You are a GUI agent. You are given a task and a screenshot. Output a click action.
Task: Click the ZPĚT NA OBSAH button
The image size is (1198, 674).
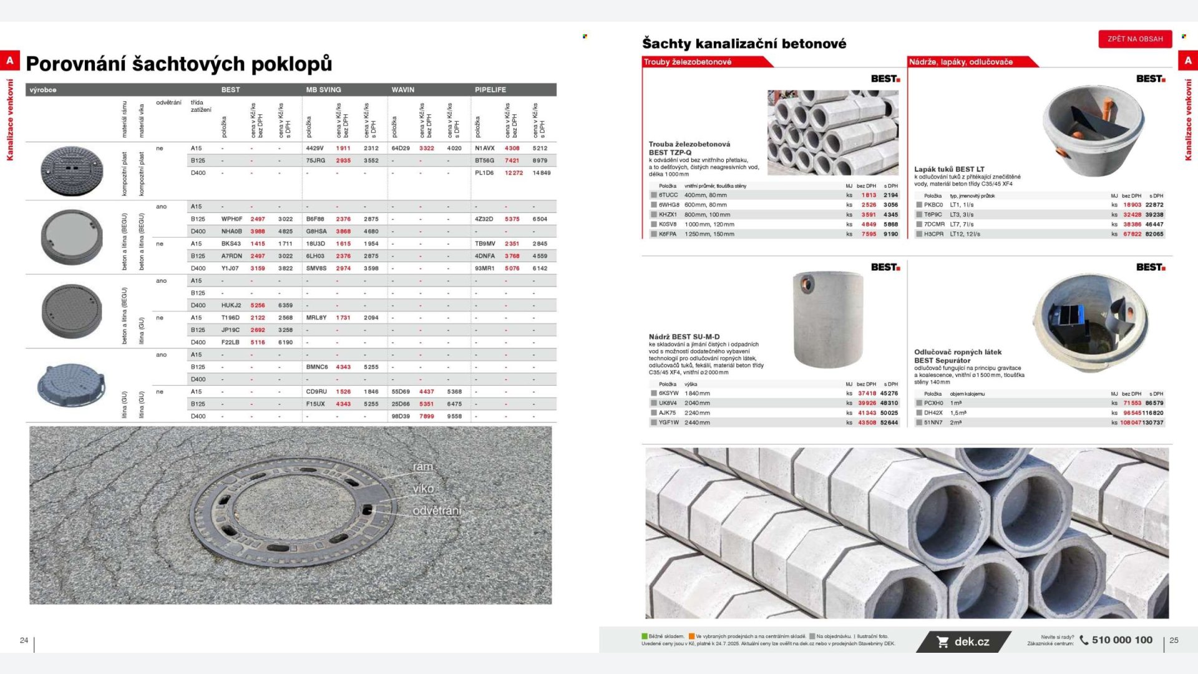(1135, 39)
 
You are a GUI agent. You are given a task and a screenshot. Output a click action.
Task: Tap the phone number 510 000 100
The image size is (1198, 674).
(1121, 640)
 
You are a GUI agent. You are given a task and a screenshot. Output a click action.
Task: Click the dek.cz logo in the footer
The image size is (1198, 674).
(964, 642)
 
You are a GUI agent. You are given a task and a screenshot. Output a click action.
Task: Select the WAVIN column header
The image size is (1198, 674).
(403, 90)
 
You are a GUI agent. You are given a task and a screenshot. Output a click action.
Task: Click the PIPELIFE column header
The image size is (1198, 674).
(490, 90)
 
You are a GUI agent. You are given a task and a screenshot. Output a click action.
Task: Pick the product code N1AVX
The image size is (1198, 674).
(484, 149)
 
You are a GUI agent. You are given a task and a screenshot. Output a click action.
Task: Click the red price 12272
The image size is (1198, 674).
(514, 173)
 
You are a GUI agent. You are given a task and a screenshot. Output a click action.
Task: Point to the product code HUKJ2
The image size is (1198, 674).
(231, 305)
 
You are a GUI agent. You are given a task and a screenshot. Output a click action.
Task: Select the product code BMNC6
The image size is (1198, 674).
(316, 367)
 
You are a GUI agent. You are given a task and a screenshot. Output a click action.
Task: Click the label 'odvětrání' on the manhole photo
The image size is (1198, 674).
(437, 510)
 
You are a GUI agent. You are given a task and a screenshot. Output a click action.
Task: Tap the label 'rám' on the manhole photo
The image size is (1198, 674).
(422, 467)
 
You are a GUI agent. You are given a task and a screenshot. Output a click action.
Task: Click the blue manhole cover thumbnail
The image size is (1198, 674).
(71, 384)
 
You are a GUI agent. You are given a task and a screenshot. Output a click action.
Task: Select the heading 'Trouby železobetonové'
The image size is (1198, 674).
(688, 62)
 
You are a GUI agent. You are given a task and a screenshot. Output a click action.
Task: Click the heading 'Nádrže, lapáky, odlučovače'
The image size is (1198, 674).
(960, 62)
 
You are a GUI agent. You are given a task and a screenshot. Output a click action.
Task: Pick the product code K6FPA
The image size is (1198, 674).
(667, 234)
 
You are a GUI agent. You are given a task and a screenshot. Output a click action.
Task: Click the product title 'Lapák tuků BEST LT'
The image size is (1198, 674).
(948, 169)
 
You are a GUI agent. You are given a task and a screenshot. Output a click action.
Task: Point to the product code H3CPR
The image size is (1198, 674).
(933, 234)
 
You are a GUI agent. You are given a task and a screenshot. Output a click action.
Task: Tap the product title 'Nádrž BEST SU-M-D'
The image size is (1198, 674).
(684, 337)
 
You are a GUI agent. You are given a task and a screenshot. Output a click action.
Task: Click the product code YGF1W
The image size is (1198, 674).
(668, 422)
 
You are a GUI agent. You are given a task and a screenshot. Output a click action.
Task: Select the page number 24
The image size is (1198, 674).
(24, 640)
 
